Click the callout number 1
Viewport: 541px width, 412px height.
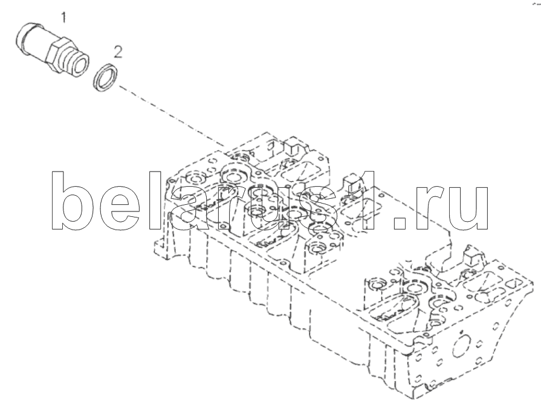click(63, 18)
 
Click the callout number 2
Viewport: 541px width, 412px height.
click(118, 53)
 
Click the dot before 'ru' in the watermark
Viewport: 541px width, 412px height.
click(401, 223)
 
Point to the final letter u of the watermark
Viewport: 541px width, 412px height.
click(468, 208)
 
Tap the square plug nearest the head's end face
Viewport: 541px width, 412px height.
click(475, 256)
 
